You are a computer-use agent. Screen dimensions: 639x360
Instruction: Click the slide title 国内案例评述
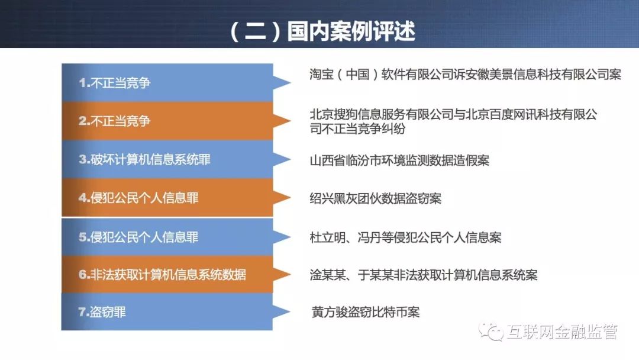(x=351, y=31)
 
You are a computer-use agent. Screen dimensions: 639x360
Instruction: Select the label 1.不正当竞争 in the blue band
(x=115, y=83)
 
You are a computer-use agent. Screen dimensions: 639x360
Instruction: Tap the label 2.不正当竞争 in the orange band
(x=115, y=121)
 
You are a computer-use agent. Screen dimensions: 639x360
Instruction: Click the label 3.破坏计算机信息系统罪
(x=145, y=159)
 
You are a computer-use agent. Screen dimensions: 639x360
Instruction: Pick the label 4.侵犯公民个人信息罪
(x=138, y=198)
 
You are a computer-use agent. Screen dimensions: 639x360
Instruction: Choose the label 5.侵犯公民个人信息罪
(x=138, y=237)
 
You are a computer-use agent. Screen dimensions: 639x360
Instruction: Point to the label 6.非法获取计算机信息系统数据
(x=162, y=274)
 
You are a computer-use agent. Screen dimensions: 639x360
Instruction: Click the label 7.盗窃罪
(x=102, y=312)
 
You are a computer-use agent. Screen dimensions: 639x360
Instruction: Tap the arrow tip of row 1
(x=291, y=82)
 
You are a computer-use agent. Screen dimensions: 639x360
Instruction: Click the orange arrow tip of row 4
(x=291, y=198)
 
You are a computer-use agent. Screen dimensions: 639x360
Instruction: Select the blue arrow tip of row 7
(x=290, y=312)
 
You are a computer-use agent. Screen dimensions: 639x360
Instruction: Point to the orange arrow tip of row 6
(x=291, y=274)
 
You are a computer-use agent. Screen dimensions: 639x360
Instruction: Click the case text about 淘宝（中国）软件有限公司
(x=466, y=74)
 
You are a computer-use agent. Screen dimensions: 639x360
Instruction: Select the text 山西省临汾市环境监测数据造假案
(x=399, y=160)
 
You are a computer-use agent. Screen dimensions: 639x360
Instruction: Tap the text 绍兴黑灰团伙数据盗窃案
(x=375, y=198)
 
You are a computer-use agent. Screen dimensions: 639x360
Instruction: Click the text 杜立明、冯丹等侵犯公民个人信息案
(x=405, y=237)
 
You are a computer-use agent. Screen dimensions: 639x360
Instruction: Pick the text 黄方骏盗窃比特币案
(x=366, y=312)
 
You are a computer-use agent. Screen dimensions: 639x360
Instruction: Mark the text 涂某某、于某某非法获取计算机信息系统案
(x=424, y=275)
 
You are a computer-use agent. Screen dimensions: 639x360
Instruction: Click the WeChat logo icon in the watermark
(x=491, y=332)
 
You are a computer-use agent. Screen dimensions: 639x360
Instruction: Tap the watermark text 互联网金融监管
(x=563, y=332)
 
